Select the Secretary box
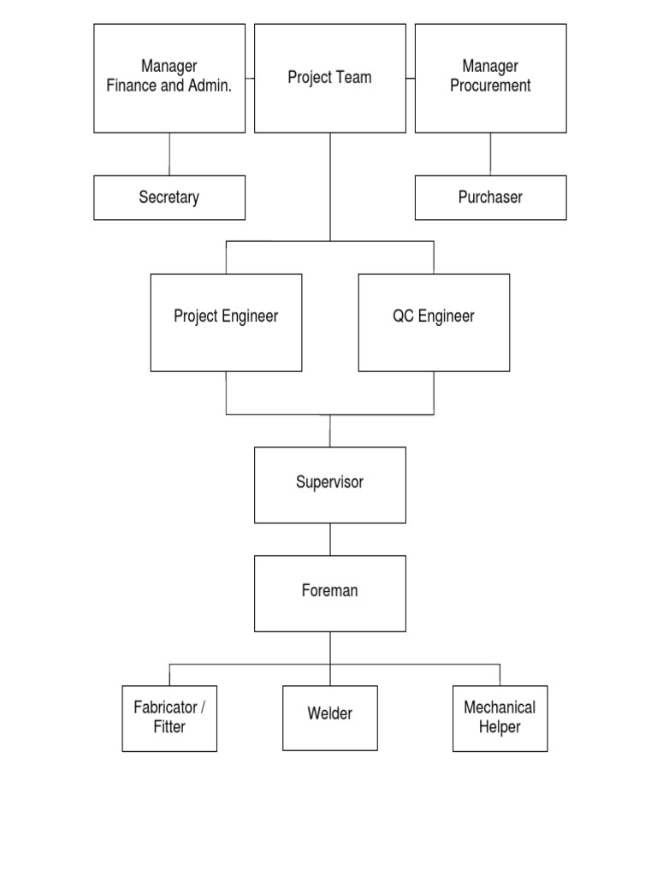[169, 198]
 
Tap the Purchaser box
[490, 198]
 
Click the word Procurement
[490, 86]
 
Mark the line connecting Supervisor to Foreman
[330, 539]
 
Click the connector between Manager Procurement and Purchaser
[490, 154]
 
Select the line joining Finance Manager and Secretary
[169, 154]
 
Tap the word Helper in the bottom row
[500, 727]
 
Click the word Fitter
[169, 727]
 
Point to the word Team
[353, 78]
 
